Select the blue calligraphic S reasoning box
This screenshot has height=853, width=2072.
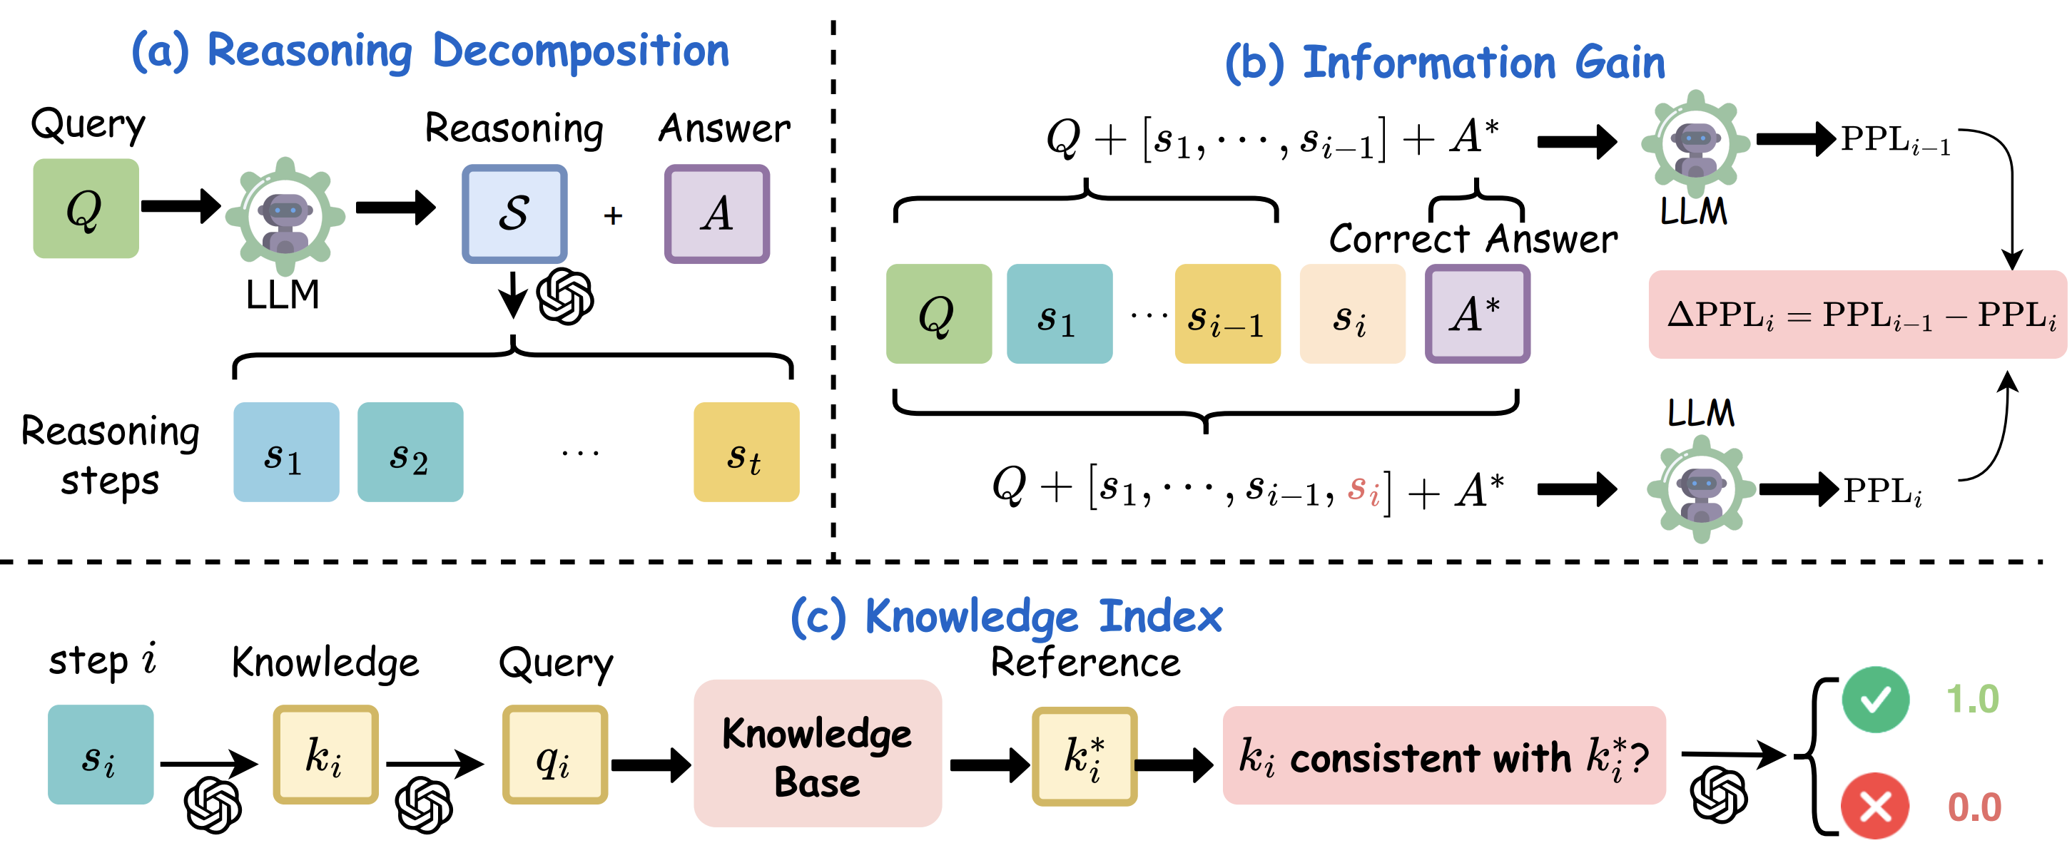tap(514, 214)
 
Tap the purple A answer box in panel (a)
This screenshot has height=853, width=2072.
tap(716, 214)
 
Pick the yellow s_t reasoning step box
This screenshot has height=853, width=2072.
tap(746, 452)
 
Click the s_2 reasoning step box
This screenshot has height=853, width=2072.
tap(410, 452)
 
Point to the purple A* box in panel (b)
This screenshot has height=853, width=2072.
tap(1478, 314)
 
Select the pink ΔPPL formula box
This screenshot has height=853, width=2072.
tap(1857, 315)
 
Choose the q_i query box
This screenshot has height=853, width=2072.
tap(555, 755)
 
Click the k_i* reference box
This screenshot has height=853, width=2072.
tap(1085, 756)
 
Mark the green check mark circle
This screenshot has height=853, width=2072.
tap(1875, 700)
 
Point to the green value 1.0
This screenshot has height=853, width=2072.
tap(1972, 700)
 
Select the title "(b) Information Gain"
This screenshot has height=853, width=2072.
tap(1445, 62)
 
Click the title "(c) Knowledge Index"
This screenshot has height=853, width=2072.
tap(1006, 617)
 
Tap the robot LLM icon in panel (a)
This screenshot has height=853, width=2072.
tap(285, 215)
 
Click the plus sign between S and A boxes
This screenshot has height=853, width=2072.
tap(613, 215)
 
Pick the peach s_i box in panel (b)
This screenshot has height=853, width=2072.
tap(1352, 314)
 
